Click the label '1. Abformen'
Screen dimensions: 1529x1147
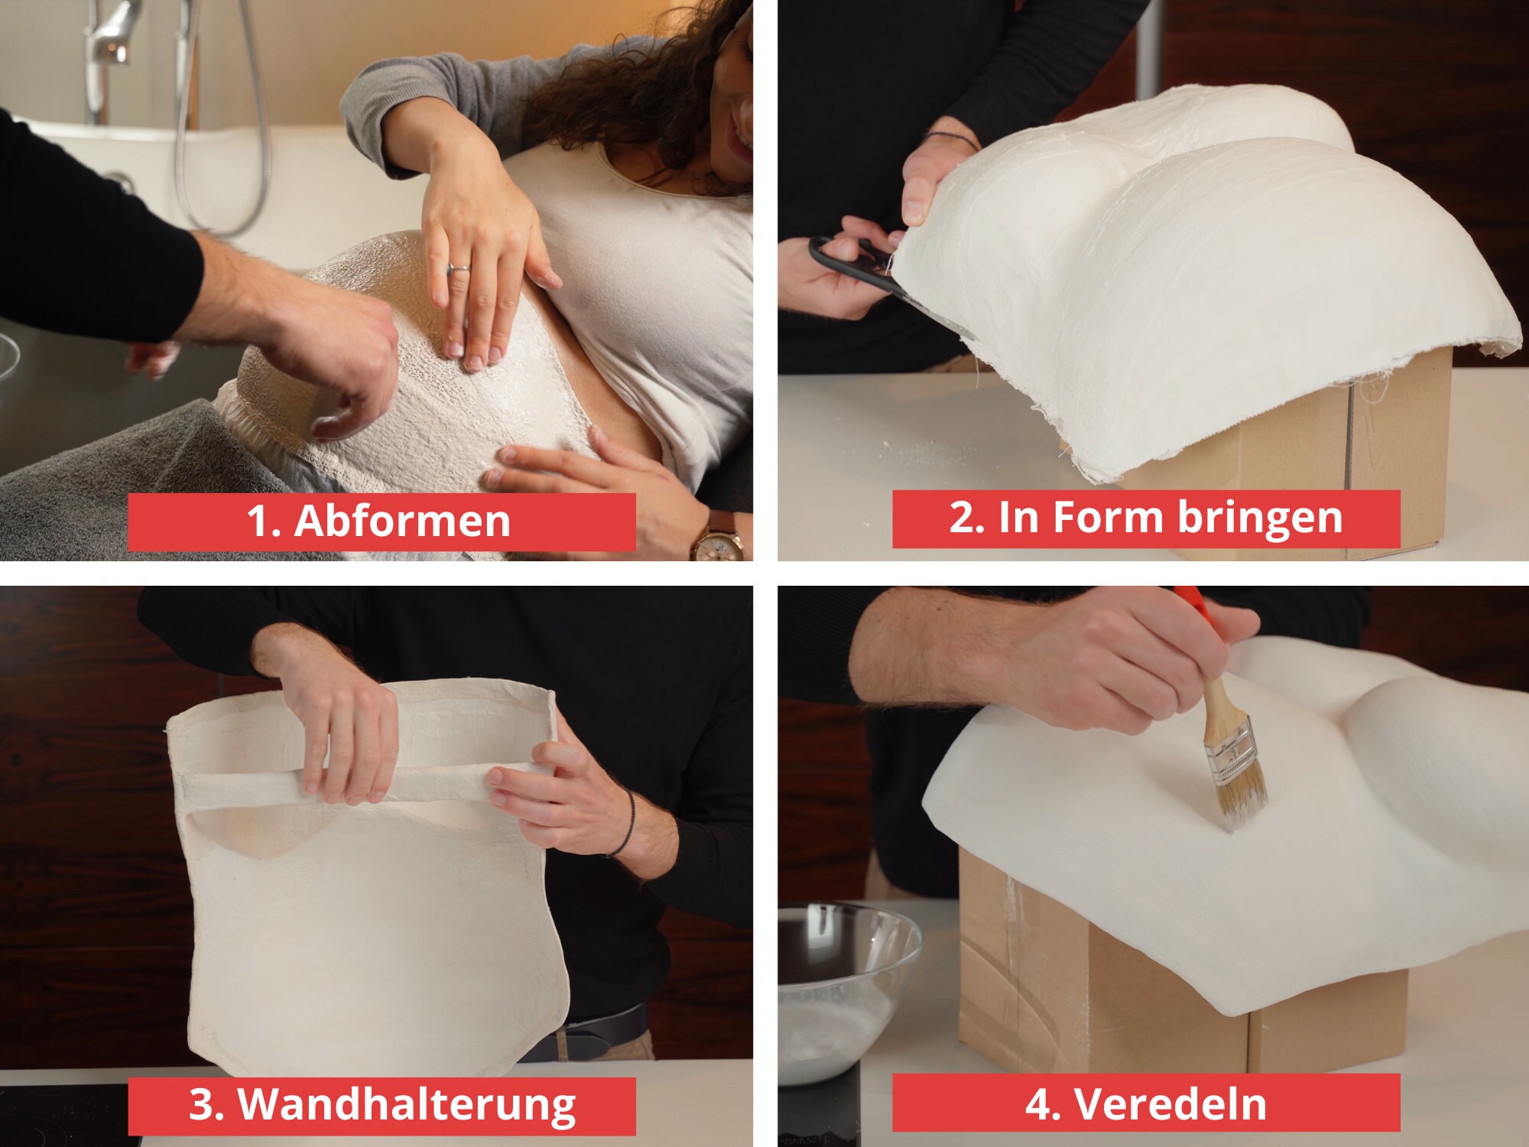pos(378,522)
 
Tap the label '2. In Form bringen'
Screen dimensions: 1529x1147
pos(1146,518)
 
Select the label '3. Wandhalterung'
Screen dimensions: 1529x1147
pos(381,1105)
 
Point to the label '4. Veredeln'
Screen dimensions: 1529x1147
pos(1145,1103)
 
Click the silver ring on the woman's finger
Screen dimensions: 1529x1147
pos(459,268)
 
